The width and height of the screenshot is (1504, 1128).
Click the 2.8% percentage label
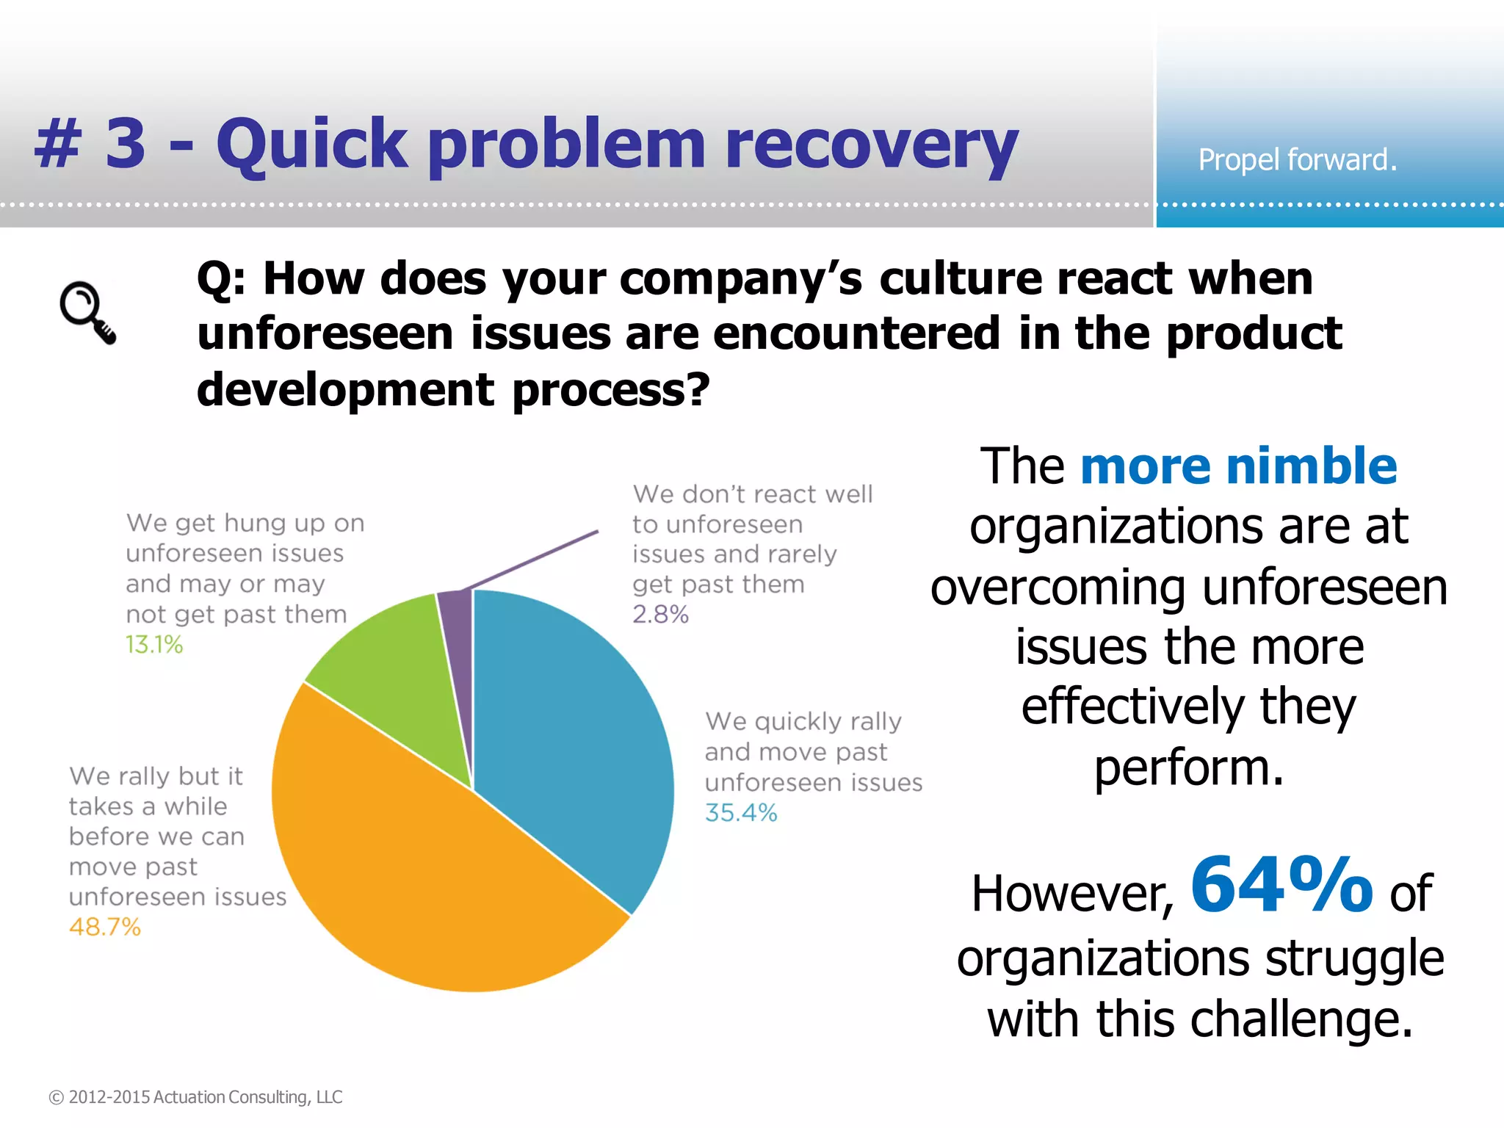click(x=660, y=614)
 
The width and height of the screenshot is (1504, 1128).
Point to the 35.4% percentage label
click(x=740, y=813)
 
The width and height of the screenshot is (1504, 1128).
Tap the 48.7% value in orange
click(x=104, y=927)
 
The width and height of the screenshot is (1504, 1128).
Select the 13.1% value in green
click(x=153, y=645)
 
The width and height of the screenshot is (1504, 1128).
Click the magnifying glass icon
click(x=87, y=312)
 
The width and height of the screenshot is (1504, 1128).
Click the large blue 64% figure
click(x=1281, y=885)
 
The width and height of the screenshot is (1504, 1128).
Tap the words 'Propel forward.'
click(x=1297, y=159)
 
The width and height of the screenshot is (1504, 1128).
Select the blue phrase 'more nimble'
click(x=1238, y=466)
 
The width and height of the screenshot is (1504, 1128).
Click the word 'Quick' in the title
click(x=311, y=145)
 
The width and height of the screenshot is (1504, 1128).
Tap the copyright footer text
click(x=195, y=1097)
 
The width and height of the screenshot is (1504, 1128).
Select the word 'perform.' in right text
click(x=1189, y=768)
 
